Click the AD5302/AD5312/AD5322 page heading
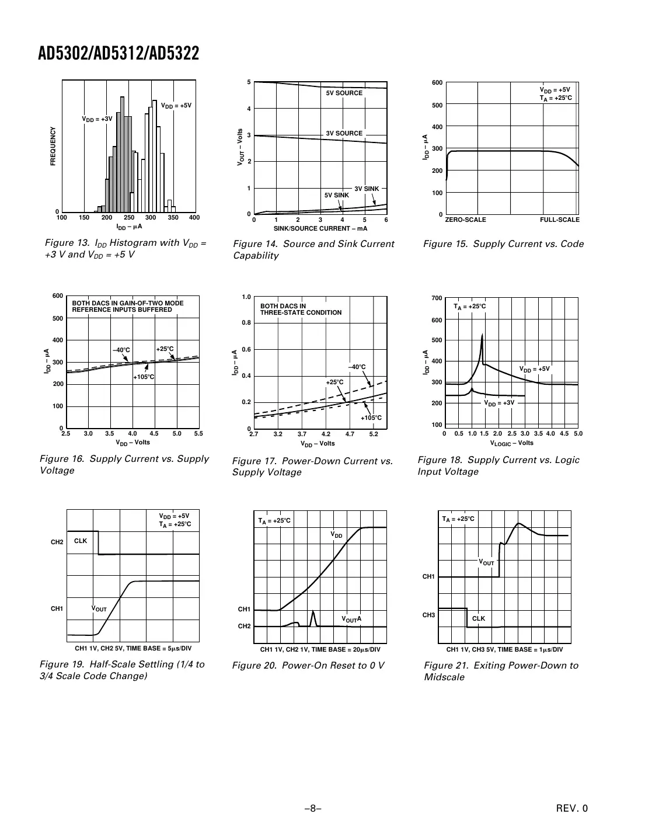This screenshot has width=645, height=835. [118, 54]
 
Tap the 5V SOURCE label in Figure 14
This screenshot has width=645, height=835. [344, 93]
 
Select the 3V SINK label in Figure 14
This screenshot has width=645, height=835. [367, 189]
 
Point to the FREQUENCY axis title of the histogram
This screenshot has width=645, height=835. [53, 146]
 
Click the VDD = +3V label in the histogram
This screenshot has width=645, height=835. [97, 119]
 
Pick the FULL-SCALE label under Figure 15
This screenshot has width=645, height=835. [559, 220]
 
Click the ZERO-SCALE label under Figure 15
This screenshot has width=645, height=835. [465, 220]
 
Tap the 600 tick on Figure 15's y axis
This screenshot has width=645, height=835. [437, 83]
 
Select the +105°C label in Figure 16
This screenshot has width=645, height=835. [144, 377]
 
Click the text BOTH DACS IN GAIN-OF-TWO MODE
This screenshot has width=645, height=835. [127, 303]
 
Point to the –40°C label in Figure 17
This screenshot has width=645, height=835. [357, 367]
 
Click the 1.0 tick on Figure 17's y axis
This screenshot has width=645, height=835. [246, 297]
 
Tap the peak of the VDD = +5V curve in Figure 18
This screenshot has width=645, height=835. [482, 335]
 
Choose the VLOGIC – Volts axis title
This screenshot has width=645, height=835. [511, 443]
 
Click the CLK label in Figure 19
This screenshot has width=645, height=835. [81, 541]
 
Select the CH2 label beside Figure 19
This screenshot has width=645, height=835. [57, 542]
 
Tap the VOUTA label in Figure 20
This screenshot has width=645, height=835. [351, 619]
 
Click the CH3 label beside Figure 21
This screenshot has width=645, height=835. [428, 615]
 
